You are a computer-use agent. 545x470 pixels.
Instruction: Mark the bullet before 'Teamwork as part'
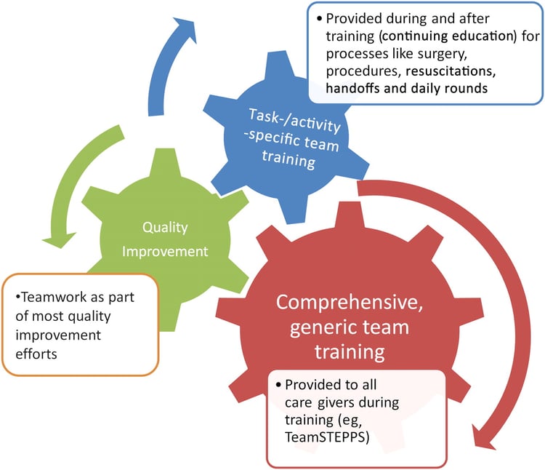17,299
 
